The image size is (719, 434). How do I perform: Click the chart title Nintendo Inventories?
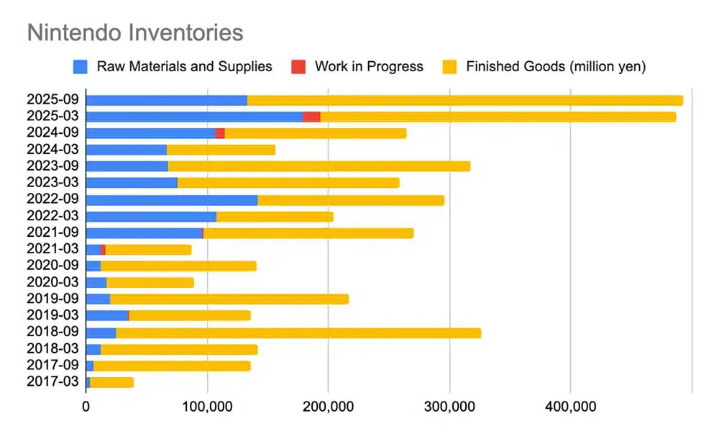click(134, 32)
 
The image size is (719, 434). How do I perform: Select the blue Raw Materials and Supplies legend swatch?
click(81, 67)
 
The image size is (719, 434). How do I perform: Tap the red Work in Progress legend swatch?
click(298, 67)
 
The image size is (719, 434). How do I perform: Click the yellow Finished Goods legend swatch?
click(449, 67)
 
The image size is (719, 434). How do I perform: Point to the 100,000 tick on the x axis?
click(207, 407)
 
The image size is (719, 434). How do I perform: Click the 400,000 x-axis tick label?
click(570, 407)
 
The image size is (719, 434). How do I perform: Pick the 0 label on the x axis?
click(86, 407)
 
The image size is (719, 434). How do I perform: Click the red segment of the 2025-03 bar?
click(311, 117)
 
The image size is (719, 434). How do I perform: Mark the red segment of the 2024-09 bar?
click(220, 133)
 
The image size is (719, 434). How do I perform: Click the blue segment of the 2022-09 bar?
click(171, 199)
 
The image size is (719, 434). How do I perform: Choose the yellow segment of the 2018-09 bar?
click(298, 333)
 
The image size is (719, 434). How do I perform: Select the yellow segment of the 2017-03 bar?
click(111, 382)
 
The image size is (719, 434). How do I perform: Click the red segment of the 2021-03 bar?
click(104, 249)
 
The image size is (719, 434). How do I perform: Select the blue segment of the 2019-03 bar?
click(106, 315)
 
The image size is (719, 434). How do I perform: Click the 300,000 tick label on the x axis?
click(449, 407)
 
